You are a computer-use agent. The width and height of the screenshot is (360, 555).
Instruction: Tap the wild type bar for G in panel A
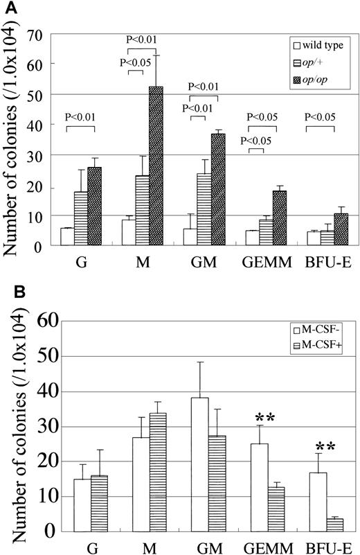(x=67, y=236)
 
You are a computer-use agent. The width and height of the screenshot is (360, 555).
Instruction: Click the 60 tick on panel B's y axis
(x=43, y=322)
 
